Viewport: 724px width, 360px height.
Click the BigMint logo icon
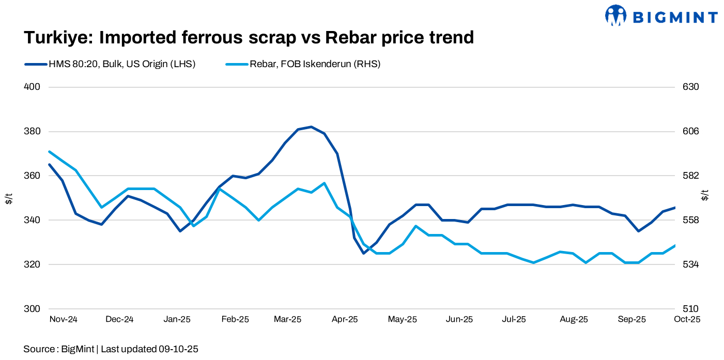615,15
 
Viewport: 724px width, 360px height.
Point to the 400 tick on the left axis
32,87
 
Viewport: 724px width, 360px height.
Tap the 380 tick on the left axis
32,131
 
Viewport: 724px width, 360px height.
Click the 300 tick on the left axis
32,309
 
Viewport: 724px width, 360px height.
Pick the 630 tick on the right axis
691,87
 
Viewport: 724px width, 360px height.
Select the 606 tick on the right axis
691,131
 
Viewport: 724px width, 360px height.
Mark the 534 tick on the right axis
691,264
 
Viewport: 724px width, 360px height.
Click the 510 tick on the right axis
691,309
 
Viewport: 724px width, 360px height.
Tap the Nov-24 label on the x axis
63,319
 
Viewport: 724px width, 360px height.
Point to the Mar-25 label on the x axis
287,319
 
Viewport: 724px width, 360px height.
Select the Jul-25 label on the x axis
514,319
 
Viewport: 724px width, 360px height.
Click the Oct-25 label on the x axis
687,319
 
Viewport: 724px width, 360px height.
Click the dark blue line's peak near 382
311,127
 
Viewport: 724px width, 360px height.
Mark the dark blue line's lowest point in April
363,253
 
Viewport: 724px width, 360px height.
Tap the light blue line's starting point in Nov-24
49,152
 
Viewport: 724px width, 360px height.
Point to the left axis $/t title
9,197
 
